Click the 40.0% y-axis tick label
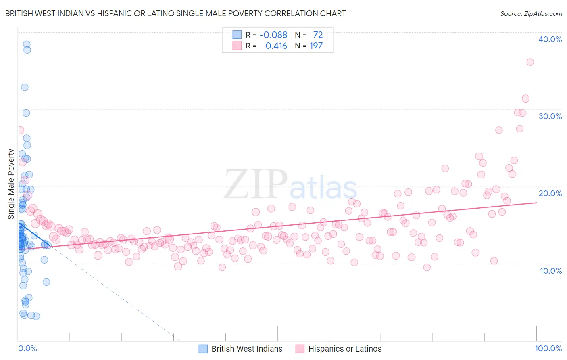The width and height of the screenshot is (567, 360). pos(550,39)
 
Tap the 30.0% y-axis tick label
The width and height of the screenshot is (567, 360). pos(550,116)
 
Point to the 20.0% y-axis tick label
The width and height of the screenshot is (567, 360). pos(550,193)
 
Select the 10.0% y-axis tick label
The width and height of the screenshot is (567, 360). pos(551,271)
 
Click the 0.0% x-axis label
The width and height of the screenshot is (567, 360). pos(27,348)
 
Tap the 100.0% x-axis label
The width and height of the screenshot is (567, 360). pos(548,348)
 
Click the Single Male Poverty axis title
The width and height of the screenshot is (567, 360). pos(11,184)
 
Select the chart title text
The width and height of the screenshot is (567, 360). pos(175,13)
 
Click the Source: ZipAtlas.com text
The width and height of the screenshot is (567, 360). pos(531,14)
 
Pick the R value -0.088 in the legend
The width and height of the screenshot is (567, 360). pos(273,35)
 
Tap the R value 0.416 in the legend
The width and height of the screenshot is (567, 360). pos(276,46)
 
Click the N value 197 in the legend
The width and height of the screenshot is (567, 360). pos(316,46)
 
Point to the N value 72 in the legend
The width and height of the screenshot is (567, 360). pos(318,35)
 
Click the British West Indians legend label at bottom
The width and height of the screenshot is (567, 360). pos(247,349)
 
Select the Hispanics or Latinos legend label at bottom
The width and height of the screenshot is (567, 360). pos(345,349)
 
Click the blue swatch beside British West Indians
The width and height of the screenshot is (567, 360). pos(203,349)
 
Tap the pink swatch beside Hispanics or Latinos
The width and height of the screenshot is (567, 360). pos(300,349)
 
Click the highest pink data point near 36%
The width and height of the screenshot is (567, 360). pos(530,62)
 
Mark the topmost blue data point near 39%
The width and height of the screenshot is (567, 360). pos(27,44)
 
